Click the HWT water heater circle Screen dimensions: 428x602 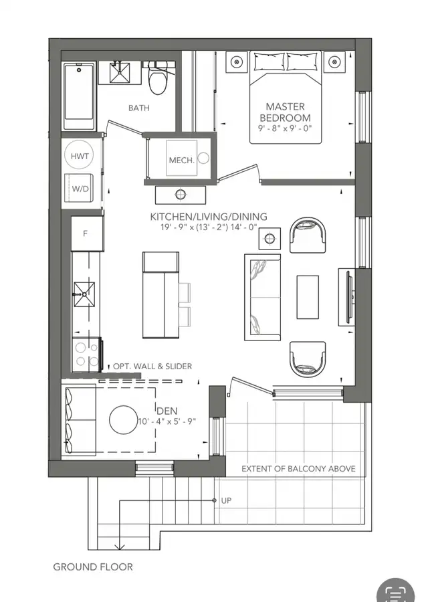80,155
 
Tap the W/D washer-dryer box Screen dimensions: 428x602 80,188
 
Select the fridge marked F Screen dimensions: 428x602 88,233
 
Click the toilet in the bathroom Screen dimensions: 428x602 156,79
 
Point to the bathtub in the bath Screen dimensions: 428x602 79,97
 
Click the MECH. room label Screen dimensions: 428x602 181,161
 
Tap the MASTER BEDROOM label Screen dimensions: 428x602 285,112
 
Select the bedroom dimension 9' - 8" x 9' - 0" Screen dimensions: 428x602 285,128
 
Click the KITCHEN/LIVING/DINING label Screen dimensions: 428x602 209,217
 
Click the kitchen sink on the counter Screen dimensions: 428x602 84,294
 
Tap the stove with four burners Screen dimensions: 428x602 87,354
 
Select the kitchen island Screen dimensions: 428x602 161,295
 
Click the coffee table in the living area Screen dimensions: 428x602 308,297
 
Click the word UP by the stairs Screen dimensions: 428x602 226,500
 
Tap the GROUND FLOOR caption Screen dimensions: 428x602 93,567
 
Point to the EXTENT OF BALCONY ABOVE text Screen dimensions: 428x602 298,468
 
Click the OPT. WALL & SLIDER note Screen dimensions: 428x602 152,367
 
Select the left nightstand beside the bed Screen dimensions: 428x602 236,62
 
